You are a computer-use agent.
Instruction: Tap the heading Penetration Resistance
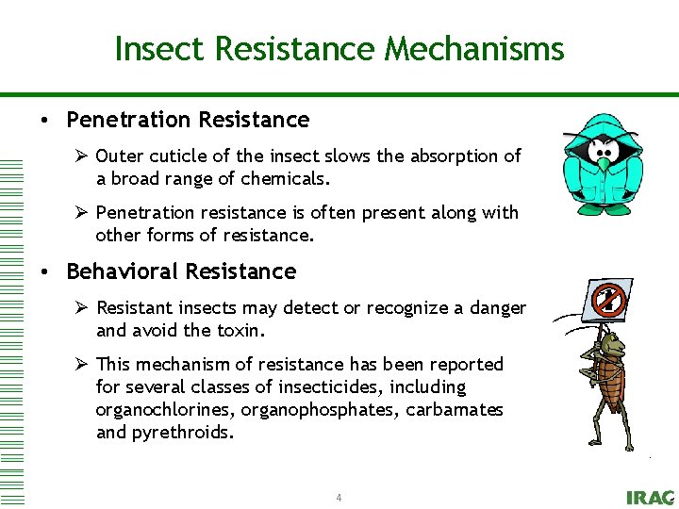click(x=188, y=120)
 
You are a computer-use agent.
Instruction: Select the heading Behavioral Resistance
click(x=181, y=271)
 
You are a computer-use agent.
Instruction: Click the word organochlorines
click(x=164, y=410)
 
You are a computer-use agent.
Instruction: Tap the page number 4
click(x=339, y=497)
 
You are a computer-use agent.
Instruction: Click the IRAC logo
click(x=650, y=497)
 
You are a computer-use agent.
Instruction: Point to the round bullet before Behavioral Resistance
click(x=44, y=272)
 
